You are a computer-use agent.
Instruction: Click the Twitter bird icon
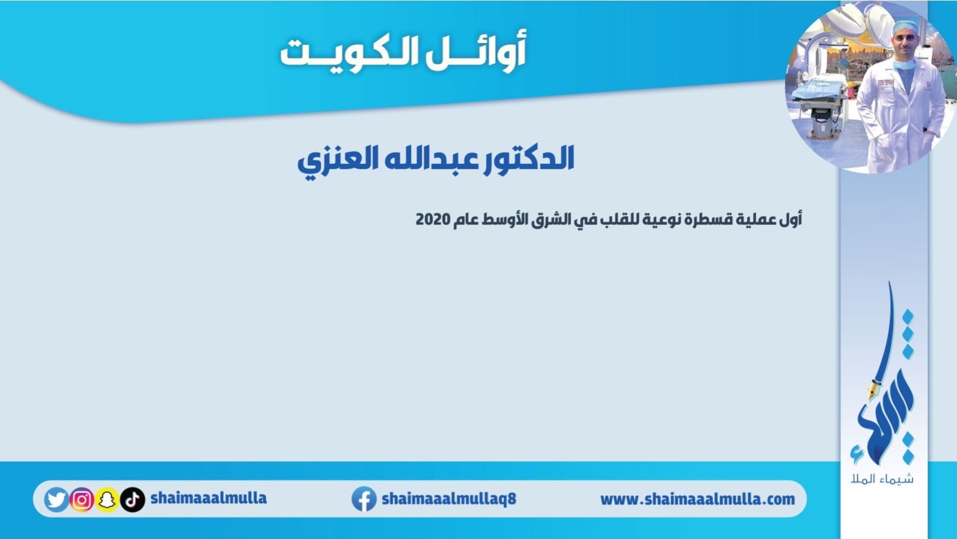point(56,500)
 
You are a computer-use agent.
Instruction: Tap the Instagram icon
point(81,500)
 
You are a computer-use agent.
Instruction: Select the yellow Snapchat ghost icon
point(107,500)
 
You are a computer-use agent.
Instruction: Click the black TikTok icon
point(132,500)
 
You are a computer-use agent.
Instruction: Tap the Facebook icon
point(364,499)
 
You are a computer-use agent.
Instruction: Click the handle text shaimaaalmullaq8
point(449,499)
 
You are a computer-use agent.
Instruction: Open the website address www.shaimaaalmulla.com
point(697,500)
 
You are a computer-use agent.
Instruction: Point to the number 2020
point(433,220)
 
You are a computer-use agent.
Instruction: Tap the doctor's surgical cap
point(904,28)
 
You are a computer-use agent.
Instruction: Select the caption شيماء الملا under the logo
point(882,479)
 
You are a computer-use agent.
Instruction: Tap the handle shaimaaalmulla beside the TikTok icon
point(209,498)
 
